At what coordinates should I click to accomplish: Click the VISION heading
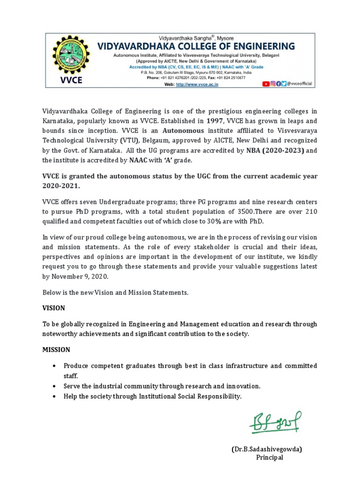[x=54, y=308]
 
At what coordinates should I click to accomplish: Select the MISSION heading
[x=56, y=349]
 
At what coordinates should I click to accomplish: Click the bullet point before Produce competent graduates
[x=55, y=366]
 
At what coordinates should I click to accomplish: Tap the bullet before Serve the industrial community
[x=55, y=386]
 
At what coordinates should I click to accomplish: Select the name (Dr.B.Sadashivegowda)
[x=266, y=449]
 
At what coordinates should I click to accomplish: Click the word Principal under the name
[x=269, y=457]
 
